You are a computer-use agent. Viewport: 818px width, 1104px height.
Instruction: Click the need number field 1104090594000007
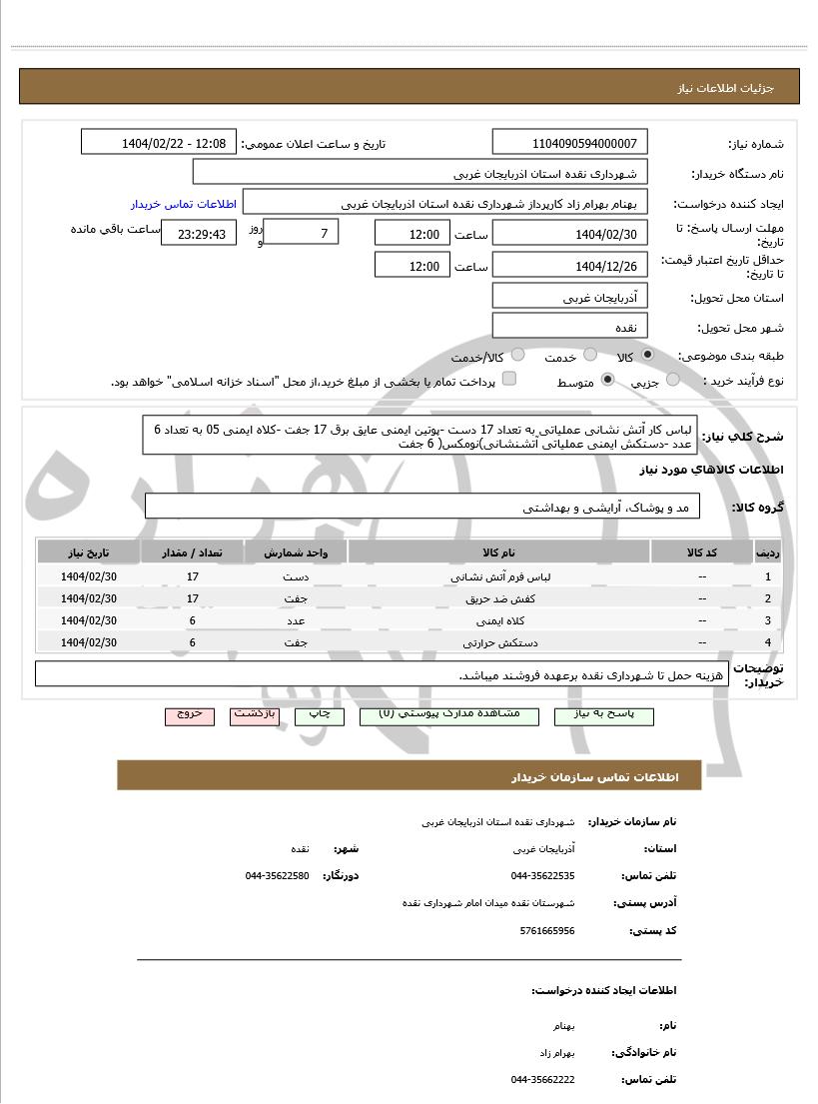[570, 143]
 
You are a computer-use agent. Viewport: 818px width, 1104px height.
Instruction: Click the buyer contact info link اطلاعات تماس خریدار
[183, 204]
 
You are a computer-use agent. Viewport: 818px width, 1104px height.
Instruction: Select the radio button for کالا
[647, 356]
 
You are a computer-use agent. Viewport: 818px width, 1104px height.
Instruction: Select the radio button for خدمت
[590, 356]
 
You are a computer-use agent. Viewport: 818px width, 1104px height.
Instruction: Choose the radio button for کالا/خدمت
[517, 356]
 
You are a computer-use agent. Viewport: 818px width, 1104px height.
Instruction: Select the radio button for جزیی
[672, 380]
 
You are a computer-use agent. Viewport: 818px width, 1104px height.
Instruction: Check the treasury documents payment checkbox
[509, 379]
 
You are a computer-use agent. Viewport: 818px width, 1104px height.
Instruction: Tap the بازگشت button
[254, 715]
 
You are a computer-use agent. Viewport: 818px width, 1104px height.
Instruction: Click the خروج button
[190, 715]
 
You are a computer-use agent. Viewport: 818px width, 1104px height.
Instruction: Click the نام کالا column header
[498, 552]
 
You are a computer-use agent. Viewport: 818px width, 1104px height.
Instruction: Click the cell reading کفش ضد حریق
[498, 598]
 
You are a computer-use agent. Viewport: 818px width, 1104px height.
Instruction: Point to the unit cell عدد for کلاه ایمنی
[296, 620]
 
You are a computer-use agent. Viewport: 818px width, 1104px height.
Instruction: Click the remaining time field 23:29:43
[200, 235]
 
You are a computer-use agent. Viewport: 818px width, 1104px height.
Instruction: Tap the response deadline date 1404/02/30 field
[570, 235]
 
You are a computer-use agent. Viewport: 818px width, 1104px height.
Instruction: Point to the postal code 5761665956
[548, 930]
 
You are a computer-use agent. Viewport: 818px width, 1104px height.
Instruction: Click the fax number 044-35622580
[277, 875]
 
